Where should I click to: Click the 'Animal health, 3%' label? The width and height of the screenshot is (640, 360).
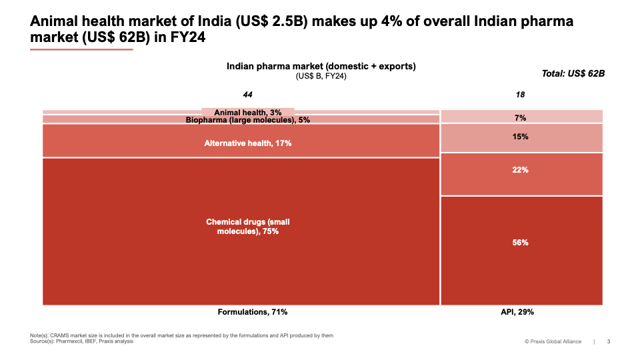coord(248,113)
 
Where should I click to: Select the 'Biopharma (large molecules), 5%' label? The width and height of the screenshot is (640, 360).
coord(248,120)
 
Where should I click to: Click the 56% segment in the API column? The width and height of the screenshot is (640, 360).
coord(521,243)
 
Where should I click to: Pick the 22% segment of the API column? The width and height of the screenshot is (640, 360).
coord(521,170)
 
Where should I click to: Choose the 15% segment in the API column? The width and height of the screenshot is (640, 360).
coord(521,137)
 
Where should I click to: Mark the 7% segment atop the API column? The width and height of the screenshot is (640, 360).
coord(521,118)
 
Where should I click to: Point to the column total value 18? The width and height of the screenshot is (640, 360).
coord(521,95)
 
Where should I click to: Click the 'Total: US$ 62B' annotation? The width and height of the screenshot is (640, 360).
coord(573,73)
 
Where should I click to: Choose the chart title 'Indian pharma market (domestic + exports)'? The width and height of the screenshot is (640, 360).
coord(321,66)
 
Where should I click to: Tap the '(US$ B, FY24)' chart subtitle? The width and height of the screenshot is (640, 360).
coord(321,76)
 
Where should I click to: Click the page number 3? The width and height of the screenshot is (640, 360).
coord(608,342)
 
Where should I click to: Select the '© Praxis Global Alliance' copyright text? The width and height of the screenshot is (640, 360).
coord(553,342)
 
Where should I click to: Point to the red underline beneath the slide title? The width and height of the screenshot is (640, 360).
coord(81,49)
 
